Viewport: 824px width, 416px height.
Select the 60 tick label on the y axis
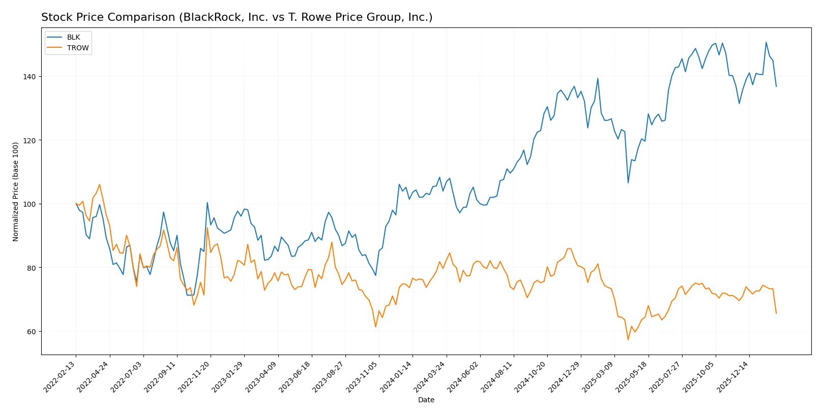[32, 332]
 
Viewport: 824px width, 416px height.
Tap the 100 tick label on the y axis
[30, 204]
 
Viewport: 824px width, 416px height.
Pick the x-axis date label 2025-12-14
[733, 376]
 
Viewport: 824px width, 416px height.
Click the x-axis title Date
[426, 400]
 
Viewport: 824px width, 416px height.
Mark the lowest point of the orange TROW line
[628, 340]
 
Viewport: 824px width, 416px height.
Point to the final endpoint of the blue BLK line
[776, 86]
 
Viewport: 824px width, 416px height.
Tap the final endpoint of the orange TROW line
[776, 313]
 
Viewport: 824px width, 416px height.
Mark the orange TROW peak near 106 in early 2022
[100, 184]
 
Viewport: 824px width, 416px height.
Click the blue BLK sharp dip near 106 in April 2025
[628, 183]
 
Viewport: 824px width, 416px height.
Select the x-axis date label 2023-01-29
[228, 376]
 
